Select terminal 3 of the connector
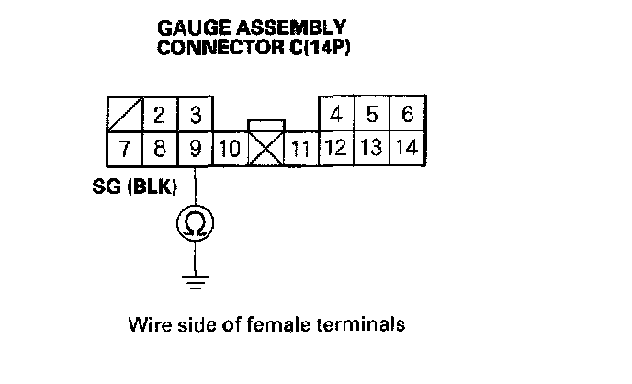click(195, 116)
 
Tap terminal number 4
click(336, 116)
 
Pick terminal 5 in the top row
click(372, 116)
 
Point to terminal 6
click(407, 116)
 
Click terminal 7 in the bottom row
click(124, 148)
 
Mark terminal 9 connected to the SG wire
click(195, 148)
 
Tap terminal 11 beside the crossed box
click(299, 150)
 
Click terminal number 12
click(336, 148)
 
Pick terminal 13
click(372, 148)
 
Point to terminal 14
click(407, 148)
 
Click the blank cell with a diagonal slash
click(124, 116)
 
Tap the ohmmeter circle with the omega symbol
click(195, 222)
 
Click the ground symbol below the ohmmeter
click(195, 279)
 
